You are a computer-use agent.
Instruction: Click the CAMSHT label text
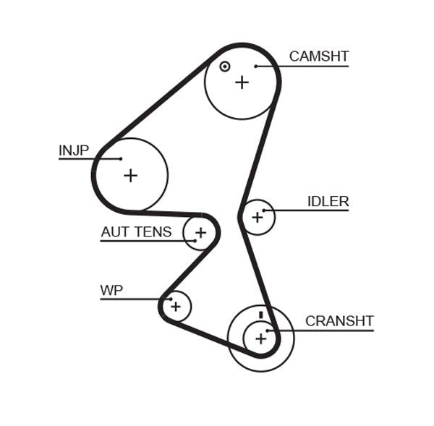point(319,56)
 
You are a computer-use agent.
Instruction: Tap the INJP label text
point(74,150)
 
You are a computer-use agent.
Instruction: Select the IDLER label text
point(328,202)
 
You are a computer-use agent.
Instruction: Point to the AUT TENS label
point(136,232)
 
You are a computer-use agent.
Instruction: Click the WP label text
point(111,291)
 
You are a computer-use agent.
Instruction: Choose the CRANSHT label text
point(339,321)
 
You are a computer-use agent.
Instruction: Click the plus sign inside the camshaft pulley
point(242,82)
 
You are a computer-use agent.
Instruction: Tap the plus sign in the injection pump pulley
point(130,175)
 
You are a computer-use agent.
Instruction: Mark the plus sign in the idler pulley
point(257,217)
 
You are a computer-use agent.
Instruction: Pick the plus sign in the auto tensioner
point(200,233)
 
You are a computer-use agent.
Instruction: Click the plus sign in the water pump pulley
point(175,307)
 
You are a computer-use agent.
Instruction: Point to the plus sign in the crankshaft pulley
point(260,338)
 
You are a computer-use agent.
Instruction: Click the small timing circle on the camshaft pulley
point(225,67)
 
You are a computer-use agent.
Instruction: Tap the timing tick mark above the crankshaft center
point(260,315)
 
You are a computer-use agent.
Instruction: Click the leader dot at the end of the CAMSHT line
point(256,67)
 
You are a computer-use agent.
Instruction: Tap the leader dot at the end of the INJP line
point(121,158)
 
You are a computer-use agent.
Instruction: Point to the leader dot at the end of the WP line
point(170,299)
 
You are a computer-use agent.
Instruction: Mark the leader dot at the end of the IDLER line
point(265,210)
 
